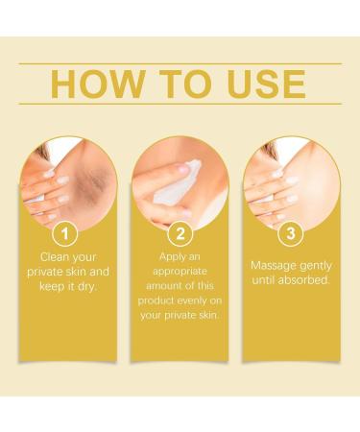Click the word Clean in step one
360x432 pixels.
(x=56, y=256)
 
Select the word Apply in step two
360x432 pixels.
(x=170, y=256)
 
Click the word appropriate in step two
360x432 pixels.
(x=180, y=272)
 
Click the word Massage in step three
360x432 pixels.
(x=274, y=264)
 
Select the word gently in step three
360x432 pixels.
(x=315, y=264)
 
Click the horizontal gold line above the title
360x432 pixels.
(x=180, y=63)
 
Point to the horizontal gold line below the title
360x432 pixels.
(x=180, y=105)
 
